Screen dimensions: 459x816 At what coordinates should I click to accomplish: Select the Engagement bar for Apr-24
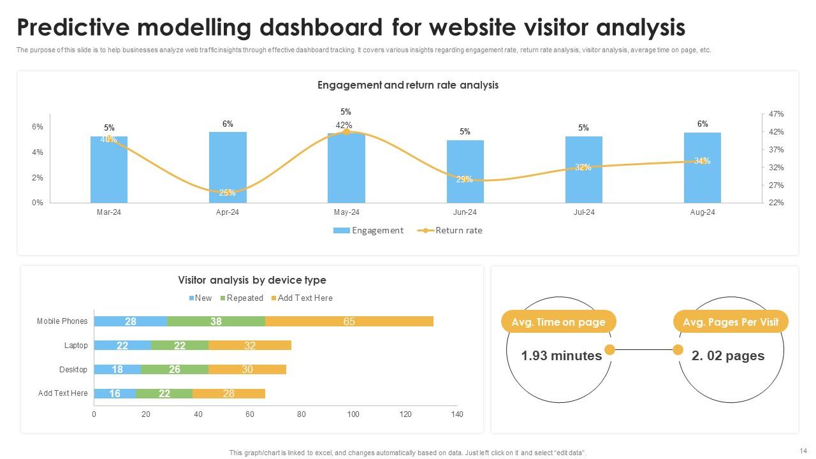(x=228, y=167)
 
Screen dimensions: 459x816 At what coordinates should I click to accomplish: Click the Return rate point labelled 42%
(x=346, y=131)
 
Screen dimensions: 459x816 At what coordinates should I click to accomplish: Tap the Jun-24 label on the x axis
(x=465, y=212)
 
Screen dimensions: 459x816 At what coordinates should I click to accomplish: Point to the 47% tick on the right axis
(x=776, y=114)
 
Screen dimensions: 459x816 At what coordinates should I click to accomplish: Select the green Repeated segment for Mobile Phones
(x=216, y=321)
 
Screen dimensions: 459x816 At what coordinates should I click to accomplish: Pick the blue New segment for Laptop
(x=122, y=346)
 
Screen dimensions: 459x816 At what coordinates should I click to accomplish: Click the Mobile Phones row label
(x=62, y=321)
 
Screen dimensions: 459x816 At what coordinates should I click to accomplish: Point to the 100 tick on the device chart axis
(x=353, y=414)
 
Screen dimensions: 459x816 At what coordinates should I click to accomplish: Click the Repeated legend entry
(x=242, y=298)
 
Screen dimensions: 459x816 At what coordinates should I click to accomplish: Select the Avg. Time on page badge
(x=558, y=322)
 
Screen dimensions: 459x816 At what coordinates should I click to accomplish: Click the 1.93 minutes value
(x=561, y=356)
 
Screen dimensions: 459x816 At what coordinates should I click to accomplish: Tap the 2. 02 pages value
(x=727, y=356)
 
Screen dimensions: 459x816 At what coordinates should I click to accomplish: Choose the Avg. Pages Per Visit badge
(x=731, y=322)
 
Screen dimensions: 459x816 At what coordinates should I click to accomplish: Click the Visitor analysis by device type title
(x=252, y=280)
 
